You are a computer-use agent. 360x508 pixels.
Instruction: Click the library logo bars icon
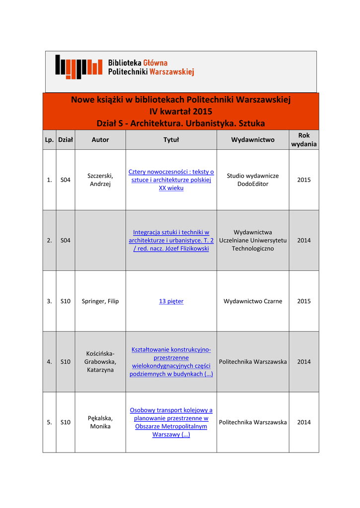78,66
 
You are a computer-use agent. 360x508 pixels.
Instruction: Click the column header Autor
100,140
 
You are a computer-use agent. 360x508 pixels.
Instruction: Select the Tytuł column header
171,140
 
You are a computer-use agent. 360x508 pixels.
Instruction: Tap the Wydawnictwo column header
253,140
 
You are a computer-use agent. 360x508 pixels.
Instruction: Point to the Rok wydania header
304,140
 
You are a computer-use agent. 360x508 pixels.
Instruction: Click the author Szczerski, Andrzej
100,180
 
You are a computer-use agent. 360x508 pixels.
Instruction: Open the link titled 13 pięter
171,301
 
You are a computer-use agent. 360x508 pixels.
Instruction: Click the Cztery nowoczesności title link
171,180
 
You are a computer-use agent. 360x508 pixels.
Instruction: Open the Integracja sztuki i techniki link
171,240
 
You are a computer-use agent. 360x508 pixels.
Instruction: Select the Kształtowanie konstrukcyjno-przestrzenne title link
171,362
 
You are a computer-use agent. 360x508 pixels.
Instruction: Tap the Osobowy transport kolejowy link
171,422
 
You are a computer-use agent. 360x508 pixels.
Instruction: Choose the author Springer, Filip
100,301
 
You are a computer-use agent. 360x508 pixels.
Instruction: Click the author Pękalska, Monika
100,422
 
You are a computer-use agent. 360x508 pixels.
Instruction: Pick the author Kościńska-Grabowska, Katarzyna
100,362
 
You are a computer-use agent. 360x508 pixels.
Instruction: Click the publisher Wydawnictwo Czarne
253,301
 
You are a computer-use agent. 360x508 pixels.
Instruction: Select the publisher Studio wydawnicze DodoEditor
253,180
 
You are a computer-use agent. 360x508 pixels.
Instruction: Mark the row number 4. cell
49,362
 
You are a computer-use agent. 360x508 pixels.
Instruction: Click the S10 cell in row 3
65,301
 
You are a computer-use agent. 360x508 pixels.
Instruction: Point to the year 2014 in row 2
304,240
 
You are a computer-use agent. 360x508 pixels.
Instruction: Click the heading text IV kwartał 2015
181,111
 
